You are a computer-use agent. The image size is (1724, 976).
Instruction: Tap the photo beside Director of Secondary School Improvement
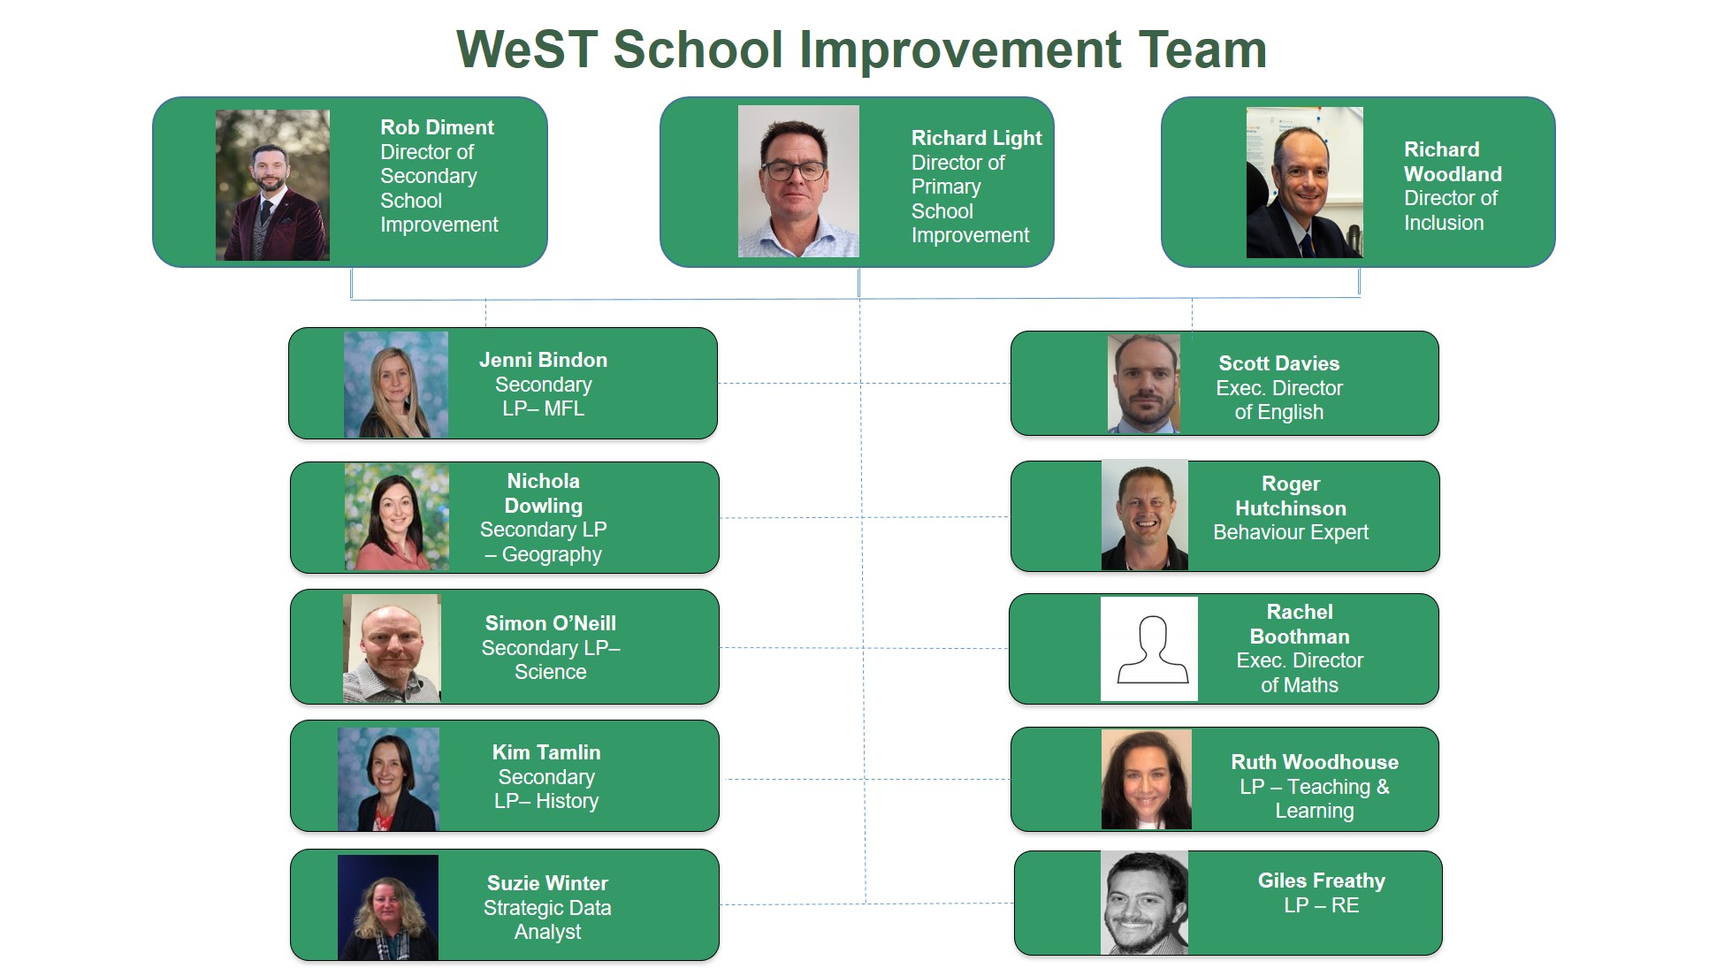[x=272, y=185]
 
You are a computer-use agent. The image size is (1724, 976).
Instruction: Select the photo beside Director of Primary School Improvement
[x=798, y=181]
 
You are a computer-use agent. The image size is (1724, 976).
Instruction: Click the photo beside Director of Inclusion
[x=1304, y=183]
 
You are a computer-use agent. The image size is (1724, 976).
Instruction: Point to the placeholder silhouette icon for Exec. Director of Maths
[x=1149, y=649]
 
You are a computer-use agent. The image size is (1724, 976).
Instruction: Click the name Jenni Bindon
[x=543, y=360]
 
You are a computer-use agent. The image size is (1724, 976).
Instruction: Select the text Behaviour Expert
[x=1291, y=532]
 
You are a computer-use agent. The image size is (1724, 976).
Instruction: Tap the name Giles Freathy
[x=1322, y=881]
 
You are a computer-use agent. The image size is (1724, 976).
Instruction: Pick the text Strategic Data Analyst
[x=547, y=919]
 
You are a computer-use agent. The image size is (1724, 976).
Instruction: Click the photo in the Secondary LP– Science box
[x=392, y=648]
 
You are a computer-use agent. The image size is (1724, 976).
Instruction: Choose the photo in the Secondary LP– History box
[x=388, y=779]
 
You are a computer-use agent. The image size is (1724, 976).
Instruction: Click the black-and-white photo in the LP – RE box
[x=1144, y=903]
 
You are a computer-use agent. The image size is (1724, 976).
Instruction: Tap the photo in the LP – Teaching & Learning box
[x=1146, y=779]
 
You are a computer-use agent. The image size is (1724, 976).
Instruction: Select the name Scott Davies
[x=1278, y=363]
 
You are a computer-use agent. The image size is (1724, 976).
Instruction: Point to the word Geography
[x=552, y=555]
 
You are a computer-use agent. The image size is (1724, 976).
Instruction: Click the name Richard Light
[x=976, y=138]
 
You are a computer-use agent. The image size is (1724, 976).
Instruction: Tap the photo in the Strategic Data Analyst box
[x=388, y=907]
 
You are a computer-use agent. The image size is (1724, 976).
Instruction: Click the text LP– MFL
[x=543, y=408]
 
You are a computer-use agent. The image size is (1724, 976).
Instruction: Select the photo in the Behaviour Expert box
[x=1144, y=515]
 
